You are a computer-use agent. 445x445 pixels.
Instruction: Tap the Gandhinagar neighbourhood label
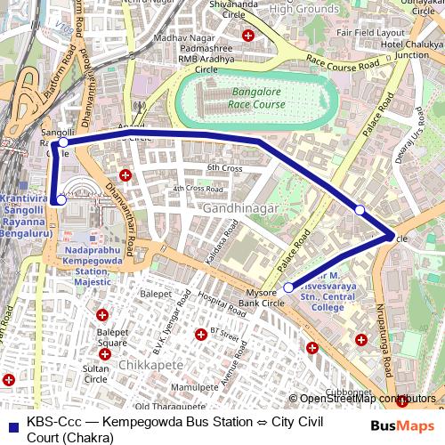[240, 207]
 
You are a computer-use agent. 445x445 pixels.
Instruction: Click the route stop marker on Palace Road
[360, 210]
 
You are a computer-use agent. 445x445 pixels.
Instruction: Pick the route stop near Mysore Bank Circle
[289, 287]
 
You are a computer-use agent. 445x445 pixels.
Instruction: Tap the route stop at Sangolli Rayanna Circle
[63, 142]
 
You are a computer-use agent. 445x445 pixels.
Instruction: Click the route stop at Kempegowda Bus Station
[61, 200]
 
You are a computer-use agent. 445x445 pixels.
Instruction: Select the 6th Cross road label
[224, 168]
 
